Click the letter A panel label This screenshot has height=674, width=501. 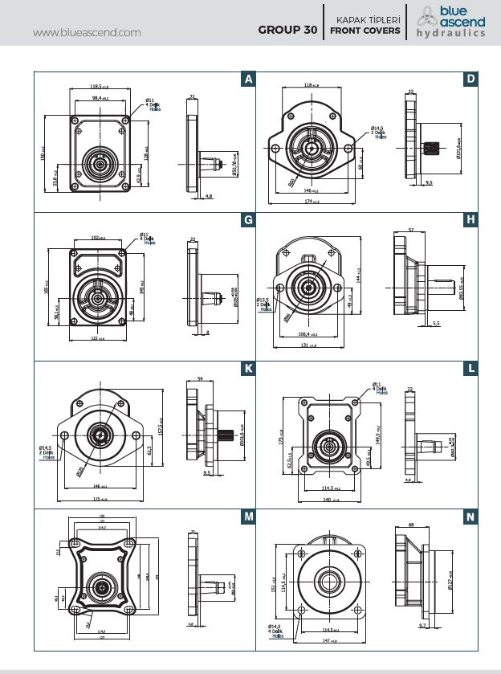(249, 79)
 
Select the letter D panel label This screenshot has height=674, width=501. (470, 79)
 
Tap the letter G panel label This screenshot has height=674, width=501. (249, 220)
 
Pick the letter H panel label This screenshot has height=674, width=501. (470, 220)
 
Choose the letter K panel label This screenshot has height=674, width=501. (249, 369)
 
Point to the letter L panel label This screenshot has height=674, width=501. (470, 369)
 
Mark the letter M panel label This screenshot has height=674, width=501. (249, 517)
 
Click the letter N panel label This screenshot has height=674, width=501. (470, 517)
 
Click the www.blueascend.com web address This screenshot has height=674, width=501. (88, 32)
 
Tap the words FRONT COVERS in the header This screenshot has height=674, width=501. (365, 31)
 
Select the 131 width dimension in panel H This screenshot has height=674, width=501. (305, 347)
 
